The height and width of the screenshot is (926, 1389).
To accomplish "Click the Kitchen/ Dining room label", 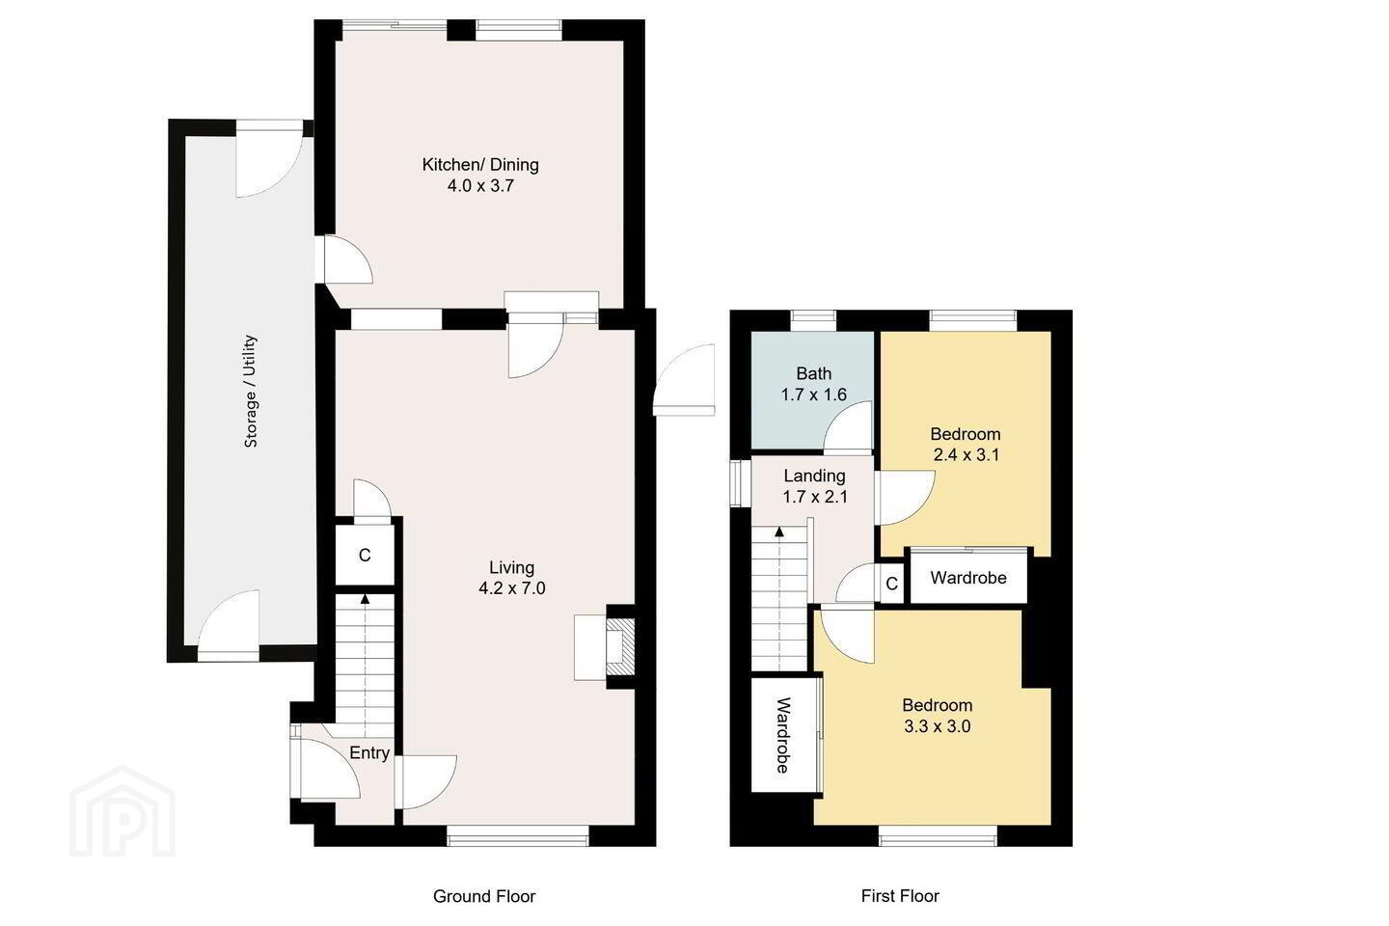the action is (x=480, y=164).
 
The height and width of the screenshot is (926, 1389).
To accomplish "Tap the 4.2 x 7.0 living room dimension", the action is (x=511, y=588).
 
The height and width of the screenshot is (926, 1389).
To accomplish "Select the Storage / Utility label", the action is (x=251, y=392).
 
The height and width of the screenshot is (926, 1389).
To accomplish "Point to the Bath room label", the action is (x=813, y=373).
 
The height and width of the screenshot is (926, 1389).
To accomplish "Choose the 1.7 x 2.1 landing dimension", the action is (x=815, y=497).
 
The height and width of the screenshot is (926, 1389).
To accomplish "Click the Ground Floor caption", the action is (x=484, y=896).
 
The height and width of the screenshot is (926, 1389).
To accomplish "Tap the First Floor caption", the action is (x=900, y=896).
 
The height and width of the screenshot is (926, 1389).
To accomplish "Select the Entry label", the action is (x=369, y=753).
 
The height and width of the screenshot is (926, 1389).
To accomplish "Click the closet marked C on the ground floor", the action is (x=365, y=555).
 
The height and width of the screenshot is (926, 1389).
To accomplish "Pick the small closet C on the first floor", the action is (x=891, y=583).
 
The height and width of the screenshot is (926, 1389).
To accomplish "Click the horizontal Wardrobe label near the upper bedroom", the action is (x=968, y=578).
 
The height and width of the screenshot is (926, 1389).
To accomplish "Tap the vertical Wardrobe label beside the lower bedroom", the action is (x=783, y=735).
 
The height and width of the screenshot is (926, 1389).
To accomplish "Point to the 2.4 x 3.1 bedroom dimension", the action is (x=967, y=455).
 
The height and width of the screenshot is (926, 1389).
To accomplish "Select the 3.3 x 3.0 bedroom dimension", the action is (x=937, y=726).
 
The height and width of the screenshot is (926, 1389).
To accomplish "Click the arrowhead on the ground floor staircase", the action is (x=366, y=599).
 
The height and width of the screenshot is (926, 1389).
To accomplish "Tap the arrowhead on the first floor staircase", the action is (x=779, y=532).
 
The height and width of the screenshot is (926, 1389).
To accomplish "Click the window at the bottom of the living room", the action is (x=518, y=840).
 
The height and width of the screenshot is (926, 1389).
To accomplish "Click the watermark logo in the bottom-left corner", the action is (x=123, y=811).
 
